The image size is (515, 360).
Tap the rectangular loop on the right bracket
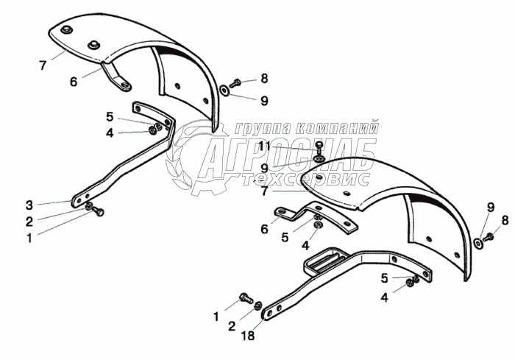(324, 259)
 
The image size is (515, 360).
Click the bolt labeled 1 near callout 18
(246, 298)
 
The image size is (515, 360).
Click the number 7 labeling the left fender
(43, 66)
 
